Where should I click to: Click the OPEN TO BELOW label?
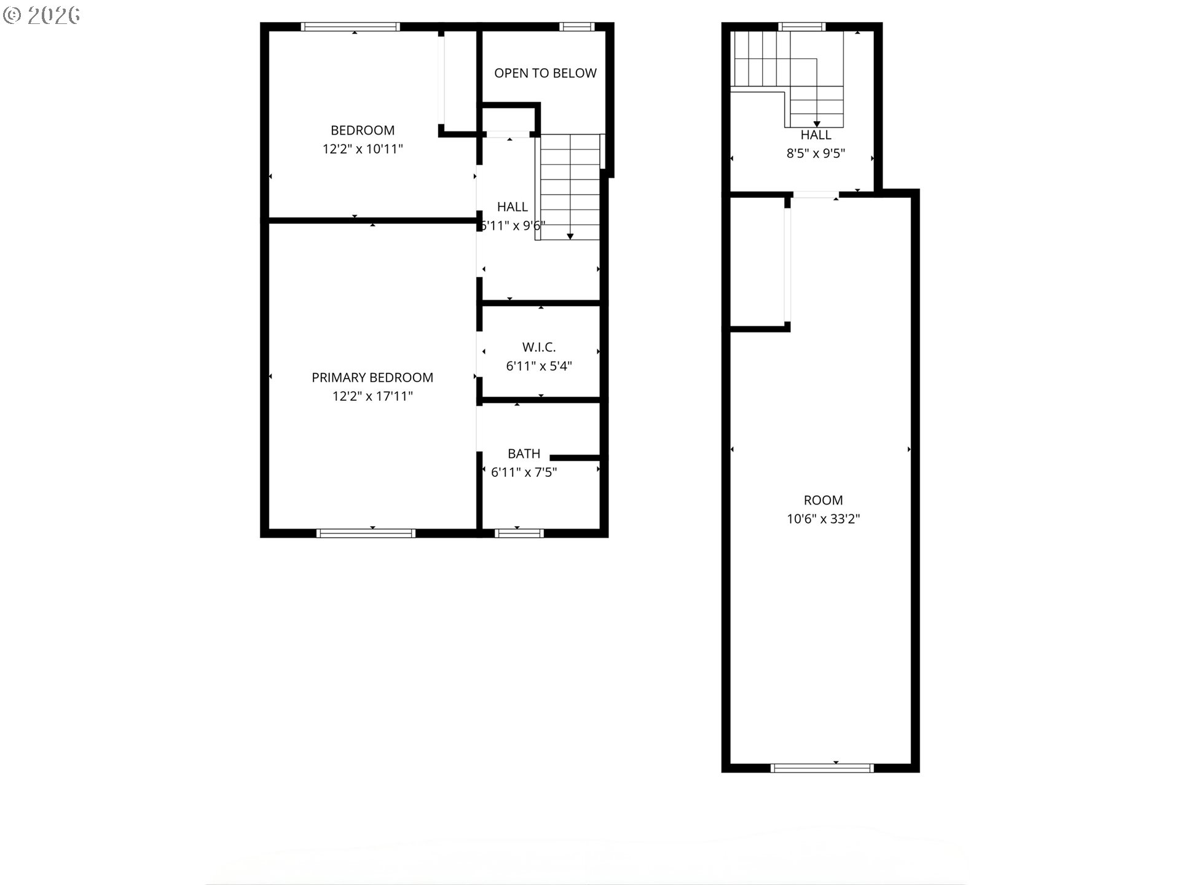click(545, 73)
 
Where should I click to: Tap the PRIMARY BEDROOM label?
click(372, 377)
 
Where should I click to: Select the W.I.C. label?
click(539, 347)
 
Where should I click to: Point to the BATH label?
click(524, 454)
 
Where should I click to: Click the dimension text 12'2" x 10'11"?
click(363, 149)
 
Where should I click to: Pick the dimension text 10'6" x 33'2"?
click(823, 519)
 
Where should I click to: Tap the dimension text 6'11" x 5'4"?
click(539, 366)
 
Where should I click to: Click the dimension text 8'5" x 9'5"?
click(816, 154)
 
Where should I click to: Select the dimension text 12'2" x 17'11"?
click(372, 396)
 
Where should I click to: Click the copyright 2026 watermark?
click(42, 15)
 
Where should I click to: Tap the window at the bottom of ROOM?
click(822, 768)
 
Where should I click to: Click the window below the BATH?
click(519, 533)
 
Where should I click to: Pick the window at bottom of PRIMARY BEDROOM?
click(366, 533)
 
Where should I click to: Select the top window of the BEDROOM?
click(350, 26)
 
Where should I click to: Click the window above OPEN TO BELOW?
click(577, 26)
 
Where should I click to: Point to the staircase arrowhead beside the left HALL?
click(570, 236)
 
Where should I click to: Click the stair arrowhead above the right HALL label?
click(817, 124)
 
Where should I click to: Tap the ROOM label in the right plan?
click(823, 500)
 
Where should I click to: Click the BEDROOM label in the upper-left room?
click(363, 130)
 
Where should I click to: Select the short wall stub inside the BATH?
click(575, 458)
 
